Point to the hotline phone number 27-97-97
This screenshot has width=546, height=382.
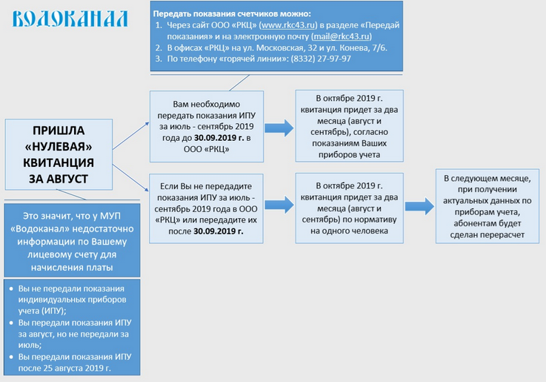point(331,59)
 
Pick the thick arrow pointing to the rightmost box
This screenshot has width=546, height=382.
point(419,206)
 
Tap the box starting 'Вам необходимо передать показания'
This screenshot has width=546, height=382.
point(206,126)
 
